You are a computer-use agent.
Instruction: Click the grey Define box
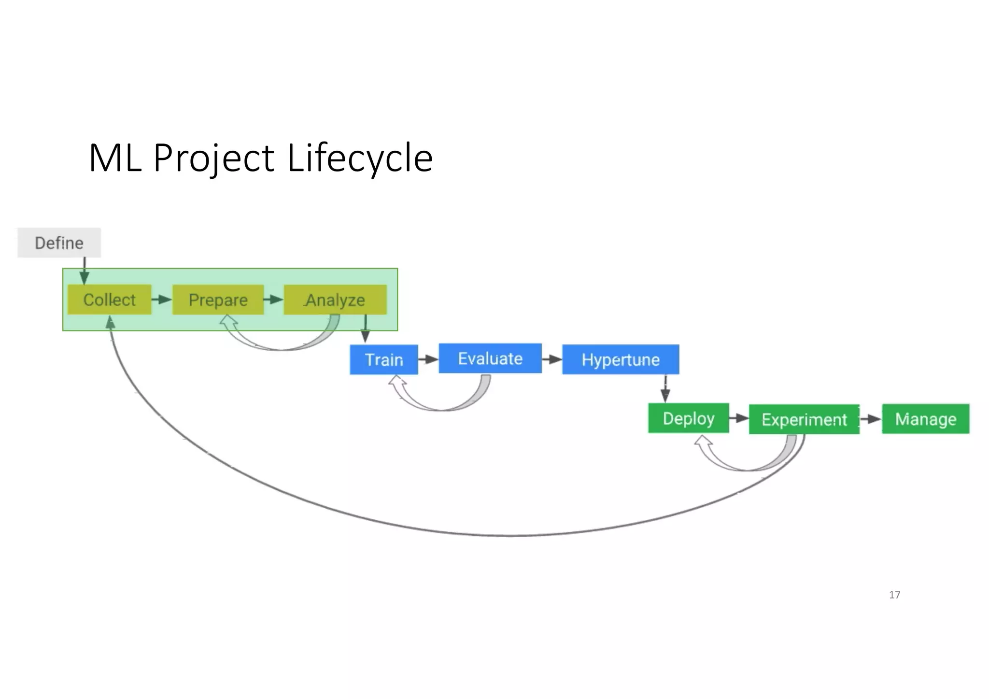click(59, 243)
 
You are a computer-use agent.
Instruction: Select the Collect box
click(110, 300)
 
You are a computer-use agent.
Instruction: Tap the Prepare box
click(218, 300)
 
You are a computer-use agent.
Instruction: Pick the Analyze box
click(335, 300)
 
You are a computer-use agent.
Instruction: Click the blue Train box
click(384, 359)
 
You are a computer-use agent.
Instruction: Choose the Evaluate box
click(490, 358)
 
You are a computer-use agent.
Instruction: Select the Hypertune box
click(621, 359)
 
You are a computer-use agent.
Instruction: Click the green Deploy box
click(688, 418)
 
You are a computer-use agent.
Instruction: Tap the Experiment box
click(804, 419)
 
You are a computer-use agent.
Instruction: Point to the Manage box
click(925, 419)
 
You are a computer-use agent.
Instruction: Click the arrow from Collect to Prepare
click(162, 300)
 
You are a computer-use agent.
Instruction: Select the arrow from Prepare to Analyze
click(273, 300)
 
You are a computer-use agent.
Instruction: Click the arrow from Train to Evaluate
click(428, 359)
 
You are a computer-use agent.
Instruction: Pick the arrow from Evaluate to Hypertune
click(552, 359)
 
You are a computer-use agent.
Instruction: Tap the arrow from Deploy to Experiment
click(739, 418)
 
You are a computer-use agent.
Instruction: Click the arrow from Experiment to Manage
click(871, 419)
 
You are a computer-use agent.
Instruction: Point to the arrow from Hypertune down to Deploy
click(665, 388)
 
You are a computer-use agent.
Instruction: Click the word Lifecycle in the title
click(360, 157)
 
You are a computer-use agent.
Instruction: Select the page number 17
click(894, 595)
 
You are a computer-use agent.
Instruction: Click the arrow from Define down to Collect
click(85, 271)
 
